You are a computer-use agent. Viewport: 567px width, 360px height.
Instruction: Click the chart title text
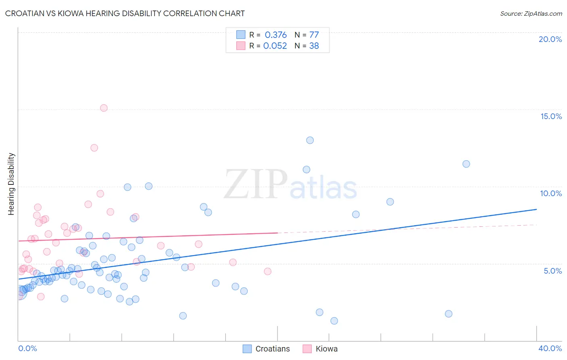coord(125,13)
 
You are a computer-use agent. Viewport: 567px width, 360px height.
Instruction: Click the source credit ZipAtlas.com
coord(531,13)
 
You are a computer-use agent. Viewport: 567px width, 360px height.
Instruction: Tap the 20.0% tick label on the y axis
coord(550,39)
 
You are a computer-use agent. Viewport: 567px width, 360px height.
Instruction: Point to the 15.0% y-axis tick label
coord(551,116)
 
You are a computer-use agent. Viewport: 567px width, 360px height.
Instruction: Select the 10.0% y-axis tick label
coord(551,193)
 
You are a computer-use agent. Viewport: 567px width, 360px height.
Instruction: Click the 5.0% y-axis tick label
coord(552,271)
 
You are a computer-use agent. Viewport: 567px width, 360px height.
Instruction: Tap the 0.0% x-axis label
coord(27,348)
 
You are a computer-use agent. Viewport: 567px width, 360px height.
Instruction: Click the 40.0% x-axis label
coord(550,348)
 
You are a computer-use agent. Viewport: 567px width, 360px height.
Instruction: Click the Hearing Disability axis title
coord(11,184)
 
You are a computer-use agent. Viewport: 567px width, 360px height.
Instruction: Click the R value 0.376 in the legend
coord(275,35)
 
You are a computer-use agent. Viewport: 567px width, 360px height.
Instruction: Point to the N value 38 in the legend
coord(314,46)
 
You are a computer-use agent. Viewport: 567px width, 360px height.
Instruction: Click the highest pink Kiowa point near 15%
coord(104,108)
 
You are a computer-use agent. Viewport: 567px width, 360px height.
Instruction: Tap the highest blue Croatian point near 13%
coord(310,140)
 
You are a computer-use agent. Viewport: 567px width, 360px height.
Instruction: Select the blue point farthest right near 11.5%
coord(466,164)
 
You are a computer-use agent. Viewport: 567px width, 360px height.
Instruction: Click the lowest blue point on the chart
coord(334,321)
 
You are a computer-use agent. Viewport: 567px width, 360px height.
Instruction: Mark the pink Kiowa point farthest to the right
coord(267,271)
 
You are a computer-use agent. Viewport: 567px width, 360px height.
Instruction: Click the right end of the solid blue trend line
coord(536,209)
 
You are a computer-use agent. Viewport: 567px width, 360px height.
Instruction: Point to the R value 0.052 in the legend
coord(275,46)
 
